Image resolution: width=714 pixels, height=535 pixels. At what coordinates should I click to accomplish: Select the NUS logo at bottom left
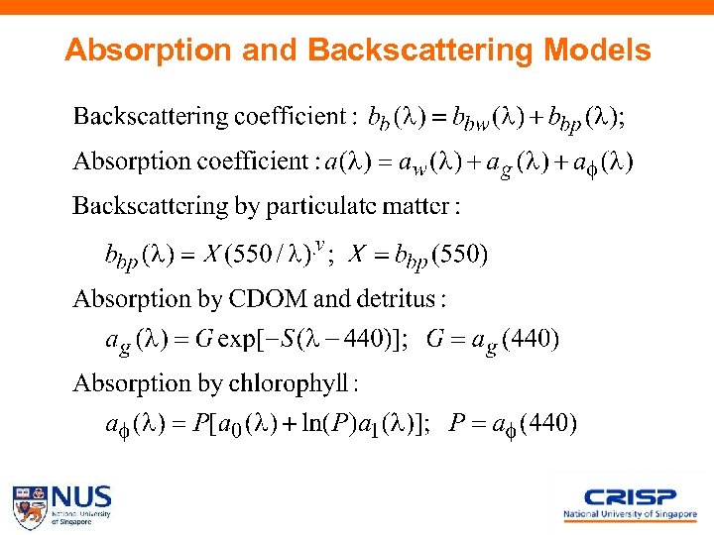pyautogui.click(x=61, y=504)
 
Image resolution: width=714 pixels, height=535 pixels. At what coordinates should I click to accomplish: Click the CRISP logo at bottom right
pyautogui.click(x=630, y=497)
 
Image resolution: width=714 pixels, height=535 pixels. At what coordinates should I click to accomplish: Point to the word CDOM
pyautogui.click(x=271, y=298)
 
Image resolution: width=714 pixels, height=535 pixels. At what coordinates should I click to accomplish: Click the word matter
pyautogui.click(x=423, y=206)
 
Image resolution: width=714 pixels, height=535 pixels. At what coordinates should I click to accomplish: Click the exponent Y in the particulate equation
pyautogui.click(x=319, y=244)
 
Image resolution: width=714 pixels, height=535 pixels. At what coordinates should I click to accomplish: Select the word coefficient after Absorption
pyautogui.click(x=253, y=160)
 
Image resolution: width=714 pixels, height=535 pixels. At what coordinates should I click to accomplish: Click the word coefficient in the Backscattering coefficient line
pyautogui.click(x=290, y=117)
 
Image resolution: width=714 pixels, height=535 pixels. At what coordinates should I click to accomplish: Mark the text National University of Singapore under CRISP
pyautogui.click(x=630, y=514)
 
